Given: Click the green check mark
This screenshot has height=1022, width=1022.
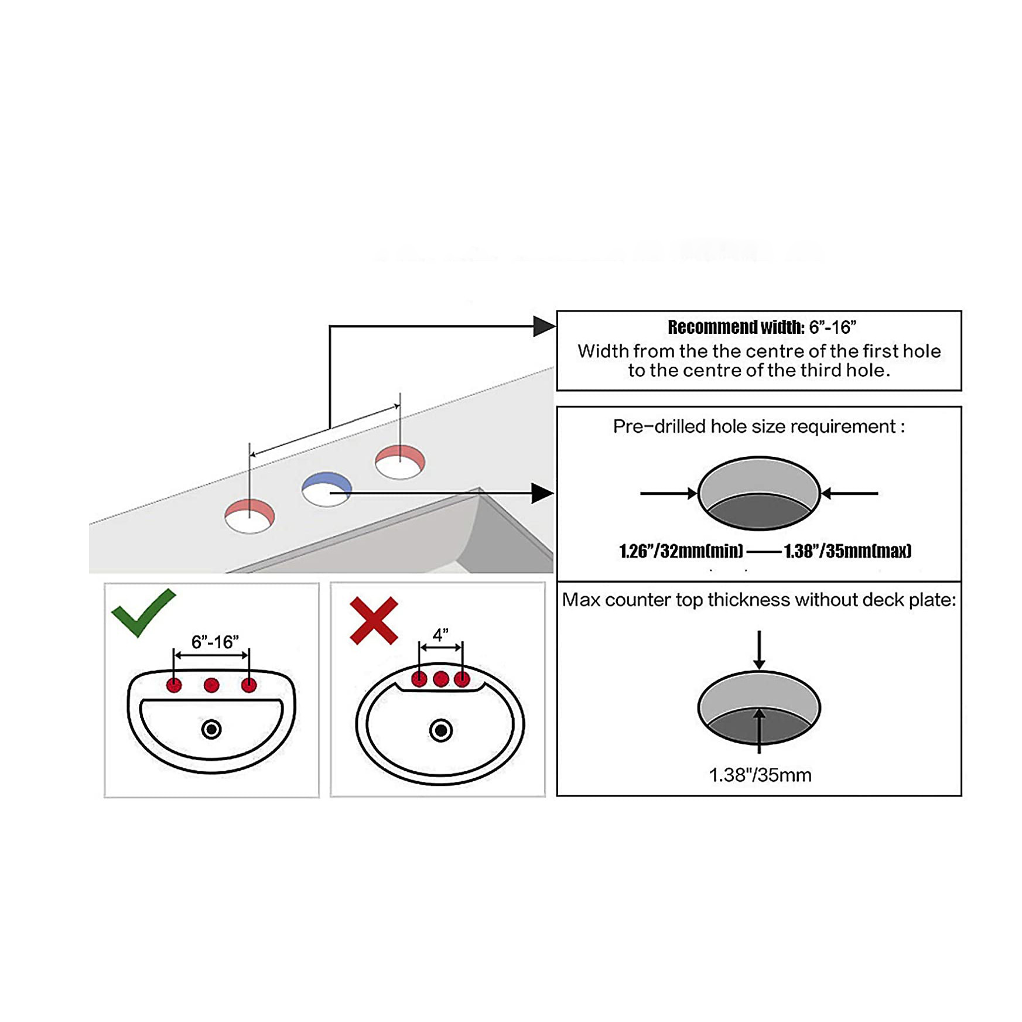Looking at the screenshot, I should (142, 613).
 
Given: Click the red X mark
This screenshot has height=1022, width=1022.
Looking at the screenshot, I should (374, 621).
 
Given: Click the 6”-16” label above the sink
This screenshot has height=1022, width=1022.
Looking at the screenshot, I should (215, 642).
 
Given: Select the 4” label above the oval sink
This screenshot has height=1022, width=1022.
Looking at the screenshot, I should (440, 635).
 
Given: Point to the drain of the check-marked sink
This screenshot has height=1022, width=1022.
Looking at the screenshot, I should (211, 729).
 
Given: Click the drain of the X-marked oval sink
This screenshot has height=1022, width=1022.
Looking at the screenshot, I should (441, 730).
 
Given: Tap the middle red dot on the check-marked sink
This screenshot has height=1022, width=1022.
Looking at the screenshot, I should (211, 685).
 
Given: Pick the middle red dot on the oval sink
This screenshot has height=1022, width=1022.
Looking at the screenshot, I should (441, 679).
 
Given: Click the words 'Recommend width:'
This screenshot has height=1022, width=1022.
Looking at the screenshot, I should (736, 327).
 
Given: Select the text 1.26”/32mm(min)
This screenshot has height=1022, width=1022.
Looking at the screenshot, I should (681, 551).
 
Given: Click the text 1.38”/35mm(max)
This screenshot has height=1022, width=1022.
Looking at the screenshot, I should (847, 551).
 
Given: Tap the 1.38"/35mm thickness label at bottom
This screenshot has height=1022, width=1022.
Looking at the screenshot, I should (760, 775).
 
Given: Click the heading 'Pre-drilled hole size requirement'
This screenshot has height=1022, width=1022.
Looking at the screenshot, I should (758, 426).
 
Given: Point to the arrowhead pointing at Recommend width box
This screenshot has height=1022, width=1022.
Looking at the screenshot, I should (544, 326).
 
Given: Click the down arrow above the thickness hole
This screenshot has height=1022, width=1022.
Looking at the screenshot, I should (759, 650).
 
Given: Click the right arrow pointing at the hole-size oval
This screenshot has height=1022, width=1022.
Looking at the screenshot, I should (849, 494).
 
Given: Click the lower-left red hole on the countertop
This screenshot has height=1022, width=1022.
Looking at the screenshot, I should (249, 515).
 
